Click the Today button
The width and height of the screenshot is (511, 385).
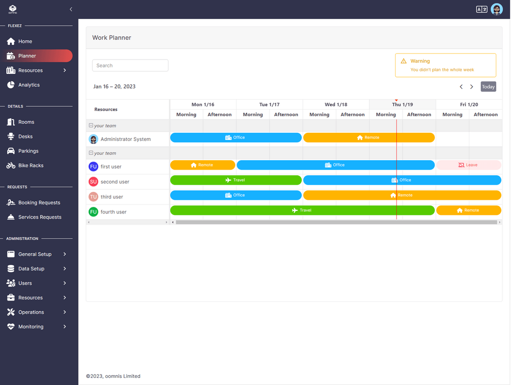[488, 86]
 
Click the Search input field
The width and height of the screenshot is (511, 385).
[130, 65]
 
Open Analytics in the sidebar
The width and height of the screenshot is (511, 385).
[29, 85]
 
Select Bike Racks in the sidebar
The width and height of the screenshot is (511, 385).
[31, 165]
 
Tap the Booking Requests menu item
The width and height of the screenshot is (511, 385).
[39, 203]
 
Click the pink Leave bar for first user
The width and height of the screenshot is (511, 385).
[468, 165]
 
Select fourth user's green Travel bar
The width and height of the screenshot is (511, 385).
[302, 210]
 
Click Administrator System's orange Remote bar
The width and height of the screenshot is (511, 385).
[369, 137]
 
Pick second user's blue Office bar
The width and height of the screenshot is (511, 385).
[402, 180]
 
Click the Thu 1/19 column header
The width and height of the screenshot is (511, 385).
[403, 104]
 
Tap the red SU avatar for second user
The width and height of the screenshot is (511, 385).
[93, 181]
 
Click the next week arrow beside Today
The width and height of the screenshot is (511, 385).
[472, 86]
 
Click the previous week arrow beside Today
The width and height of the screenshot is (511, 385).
[461, 86]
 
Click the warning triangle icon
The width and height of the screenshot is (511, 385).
[404, 61]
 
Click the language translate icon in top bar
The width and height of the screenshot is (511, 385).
[481, 9]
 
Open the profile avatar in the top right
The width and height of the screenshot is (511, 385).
[497, 9]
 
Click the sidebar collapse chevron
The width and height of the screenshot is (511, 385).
[70, 9]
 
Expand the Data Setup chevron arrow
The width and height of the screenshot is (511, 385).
[64, 268]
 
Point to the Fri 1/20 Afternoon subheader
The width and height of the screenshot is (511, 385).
[485, 115]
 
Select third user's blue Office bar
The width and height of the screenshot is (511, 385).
[236, 195]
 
